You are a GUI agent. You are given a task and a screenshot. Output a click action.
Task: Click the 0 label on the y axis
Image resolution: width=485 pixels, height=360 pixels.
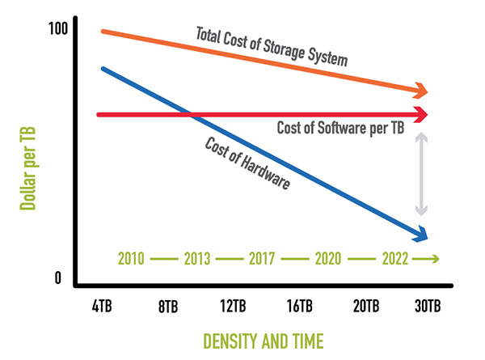[57, 277]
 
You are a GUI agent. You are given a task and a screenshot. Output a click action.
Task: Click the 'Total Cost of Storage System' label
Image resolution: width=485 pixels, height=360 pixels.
[272, 47]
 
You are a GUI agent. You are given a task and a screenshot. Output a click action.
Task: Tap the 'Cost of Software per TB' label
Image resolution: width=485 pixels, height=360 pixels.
[339, 128]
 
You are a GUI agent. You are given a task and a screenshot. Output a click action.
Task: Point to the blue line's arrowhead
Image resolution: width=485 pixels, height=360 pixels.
[420, 235]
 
